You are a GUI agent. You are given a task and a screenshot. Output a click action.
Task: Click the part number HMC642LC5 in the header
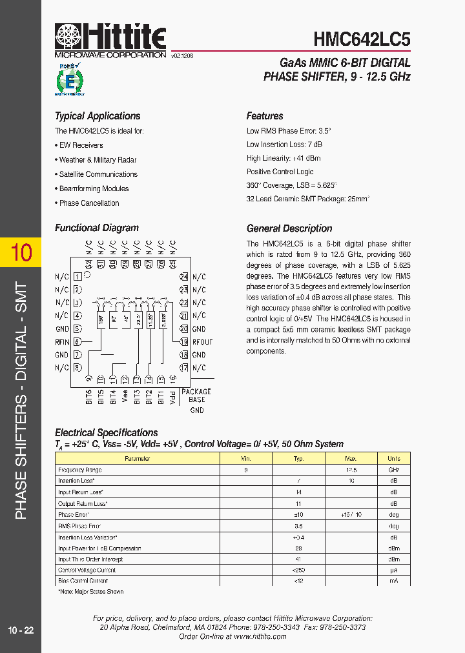coord(362,39)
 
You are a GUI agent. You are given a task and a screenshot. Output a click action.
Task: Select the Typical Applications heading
coord(98,116)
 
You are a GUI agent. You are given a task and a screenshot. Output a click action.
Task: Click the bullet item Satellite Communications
coord(98,174)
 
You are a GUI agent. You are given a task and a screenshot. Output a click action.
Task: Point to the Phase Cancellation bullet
coord(88,203)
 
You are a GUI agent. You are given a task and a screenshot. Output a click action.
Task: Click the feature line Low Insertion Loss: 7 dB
coord(284,145)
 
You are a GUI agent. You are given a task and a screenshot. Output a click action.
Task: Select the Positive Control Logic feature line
coord(280,172)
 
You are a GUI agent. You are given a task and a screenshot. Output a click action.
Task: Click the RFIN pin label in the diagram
coord(62,342)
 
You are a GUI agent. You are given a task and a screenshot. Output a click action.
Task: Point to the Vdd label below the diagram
coord(172,396)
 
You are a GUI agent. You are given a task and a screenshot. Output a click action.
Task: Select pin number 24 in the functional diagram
coord(184,277)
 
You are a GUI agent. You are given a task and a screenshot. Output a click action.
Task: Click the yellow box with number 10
coord(21,252)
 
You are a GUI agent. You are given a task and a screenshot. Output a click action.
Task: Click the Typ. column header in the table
coord(298,458)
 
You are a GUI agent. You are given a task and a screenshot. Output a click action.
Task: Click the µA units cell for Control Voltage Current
coord(393,570)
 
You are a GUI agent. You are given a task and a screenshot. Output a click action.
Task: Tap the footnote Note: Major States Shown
coord(91,591)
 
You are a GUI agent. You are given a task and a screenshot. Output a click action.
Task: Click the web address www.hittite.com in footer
coord(260,636)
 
